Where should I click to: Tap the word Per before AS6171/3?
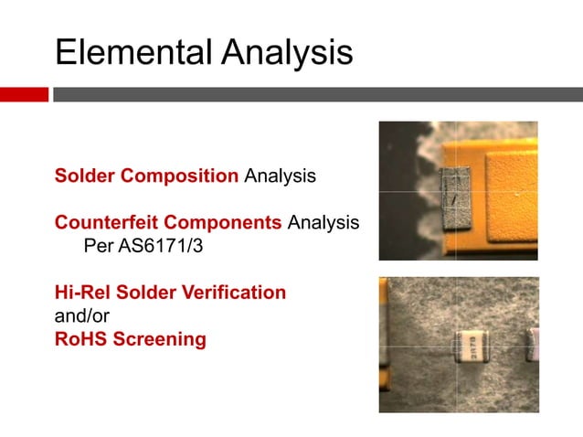click(98, 246)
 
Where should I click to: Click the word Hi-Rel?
click(82, 293)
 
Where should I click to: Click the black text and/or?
click(81, 316)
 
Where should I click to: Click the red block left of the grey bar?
click(24, 94)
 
